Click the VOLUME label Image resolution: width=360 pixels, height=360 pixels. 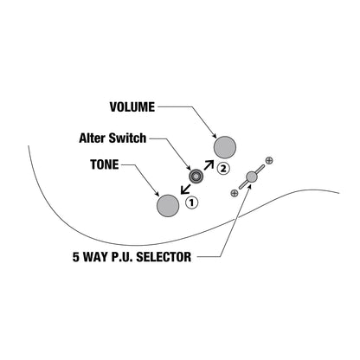[x=132, y=107]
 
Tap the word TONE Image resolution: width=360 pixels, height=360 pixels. [x=105, y=164]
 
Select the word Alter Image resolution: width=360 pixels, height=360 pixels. [x=93, y=138]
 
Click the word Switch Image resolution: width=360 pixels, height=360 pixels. [x=127, y=138]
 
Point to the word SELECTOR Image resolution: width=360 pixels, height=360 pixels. [x=164, y=257]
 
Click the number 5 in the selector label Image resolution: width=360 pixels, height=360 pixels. [x=75, y=257]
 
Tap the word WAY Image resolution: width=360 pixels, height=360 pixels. [x=94, y=257]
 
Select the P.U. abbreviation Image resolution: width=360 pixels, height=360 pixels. [x=121, y=257]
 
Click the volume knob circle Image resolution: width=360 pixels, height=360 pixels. [x=225, y=147]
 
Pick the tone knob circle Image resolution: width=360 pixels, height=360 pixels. [x=168, y=206]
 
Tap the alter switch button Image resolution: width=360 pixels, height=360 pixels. [x=196, y=176]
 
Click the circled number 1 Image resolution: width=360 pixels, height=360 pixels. [x=191, y=202]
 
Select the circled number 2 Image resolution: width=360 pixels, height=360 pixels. [x=223, y=168]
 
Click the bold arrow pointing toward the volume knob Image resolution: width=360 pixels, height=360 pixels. [x=209, y=165]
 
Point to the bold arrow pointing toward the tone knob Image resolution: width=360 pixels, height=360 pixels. [x=185, y=190]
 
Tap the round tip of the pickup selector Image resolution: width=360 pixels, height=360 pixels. [x=252, y=177]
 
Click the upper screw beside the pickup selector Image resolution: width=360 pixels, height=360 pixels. [x=269, y=161]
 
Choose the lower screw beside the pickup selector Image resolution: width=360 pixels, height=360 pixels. [x=235, y=193]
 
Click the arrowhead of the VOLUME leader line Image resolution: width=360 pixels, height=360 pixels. [x=215, y=136]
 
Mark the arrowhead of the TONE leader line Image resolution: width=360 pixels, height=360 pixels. [x=157, y=194]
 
